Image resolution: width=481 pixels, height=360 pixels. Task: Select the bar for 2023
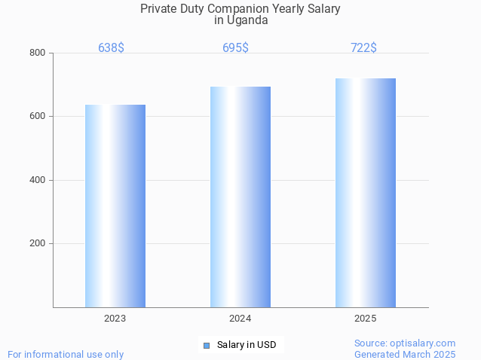(x=115, y=206)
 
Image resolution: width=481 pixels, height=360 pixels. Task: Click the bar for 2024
(x=240, y=197)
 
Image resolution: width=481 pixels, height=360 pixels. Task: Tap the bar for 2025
(x=366, y=192)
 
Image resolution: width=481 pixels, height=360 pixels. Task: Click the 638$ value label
(x=111, y=47)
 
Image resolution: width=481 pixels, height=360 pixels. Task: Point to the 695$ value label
(x=235, y=47)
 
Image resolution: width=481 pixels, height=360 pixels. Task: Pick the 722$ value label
(x=363, y=47)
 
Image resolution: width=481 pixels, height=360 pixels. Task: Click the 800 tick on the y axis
(x=37, y=53)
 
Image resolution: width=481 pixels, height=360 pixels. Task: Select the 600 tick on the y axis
(x=37, y=117)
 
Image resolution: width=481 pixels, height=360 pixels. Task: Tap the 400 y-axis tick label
(x=37, y=180)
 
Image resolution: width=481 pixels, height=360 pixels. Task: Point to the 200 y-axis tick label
(x=37, y=244)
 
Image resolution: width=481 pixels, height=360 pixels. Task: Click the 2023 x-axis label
(x=115, y=319)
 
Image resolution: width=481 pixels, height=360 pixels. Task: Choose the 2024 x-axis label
(x=240, y=319)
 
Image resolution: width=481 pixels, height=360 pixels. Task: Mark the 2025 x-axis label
(x=366, y=319)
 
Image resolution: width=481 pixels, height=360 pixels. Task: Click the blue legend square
(x=206, y=346)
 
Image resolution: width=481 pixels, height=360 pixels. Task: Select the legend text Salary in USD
(x=247, y=345)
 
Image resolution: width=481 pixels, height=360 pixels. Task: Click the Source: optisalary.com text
(x=405, y=343)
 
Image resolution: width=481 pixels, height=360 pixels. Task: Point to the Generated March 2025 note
(x=405, y=354)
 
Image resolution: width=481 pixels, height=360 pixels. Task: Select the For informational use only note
(x=66, y=354)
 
